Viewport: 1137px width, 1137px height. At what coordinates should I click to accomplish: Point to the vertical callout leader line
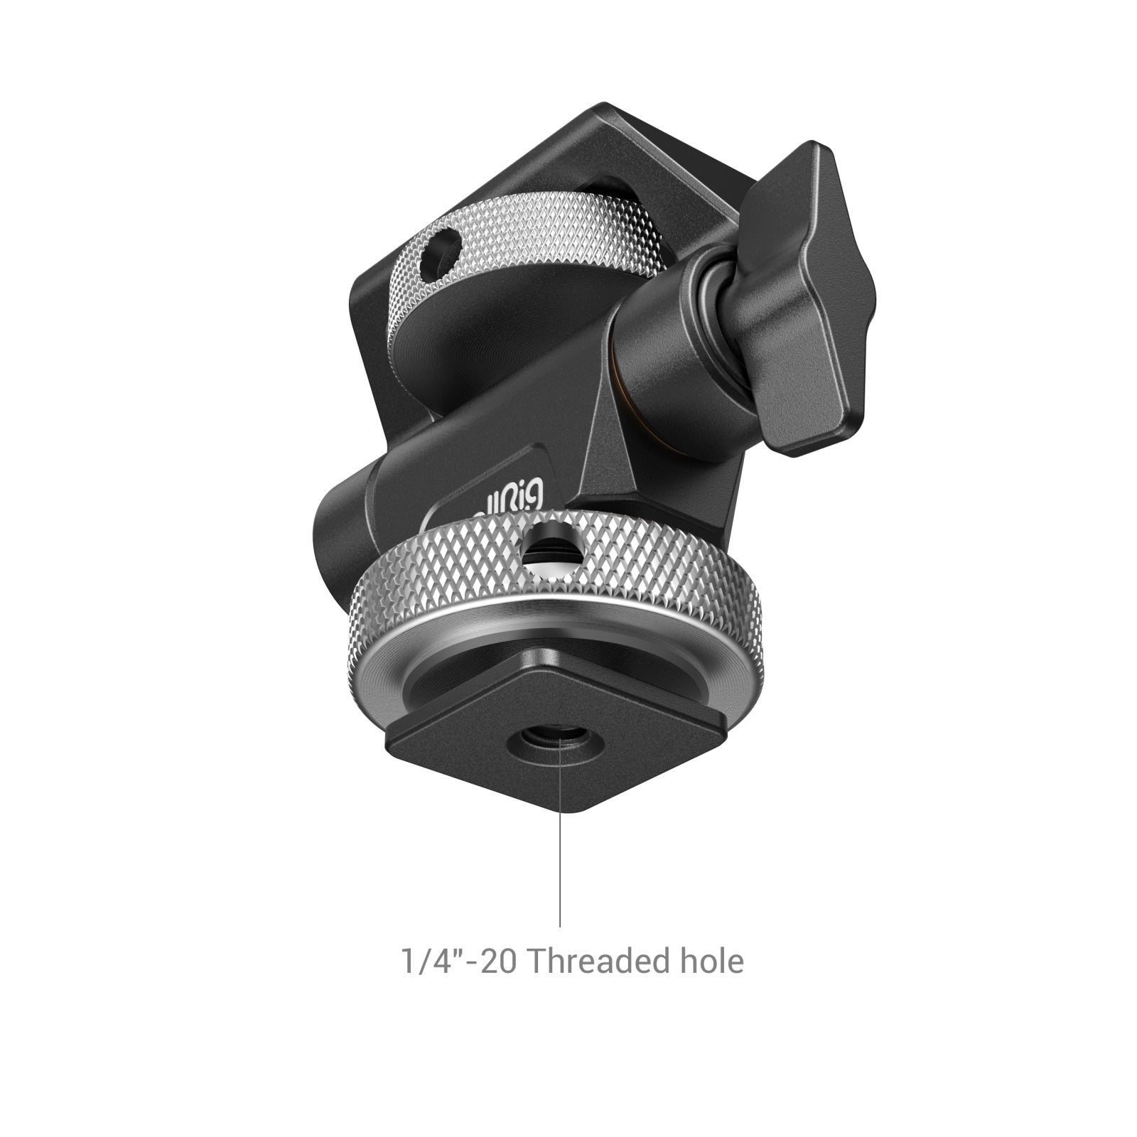(x=560, y=853)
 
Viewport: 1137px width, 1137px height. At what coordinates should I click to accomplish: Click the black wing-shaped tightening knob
(x=803, y=298)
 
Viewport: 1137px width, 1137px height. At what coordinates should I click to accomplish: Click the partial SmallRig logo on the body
(x=517, y=496)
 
